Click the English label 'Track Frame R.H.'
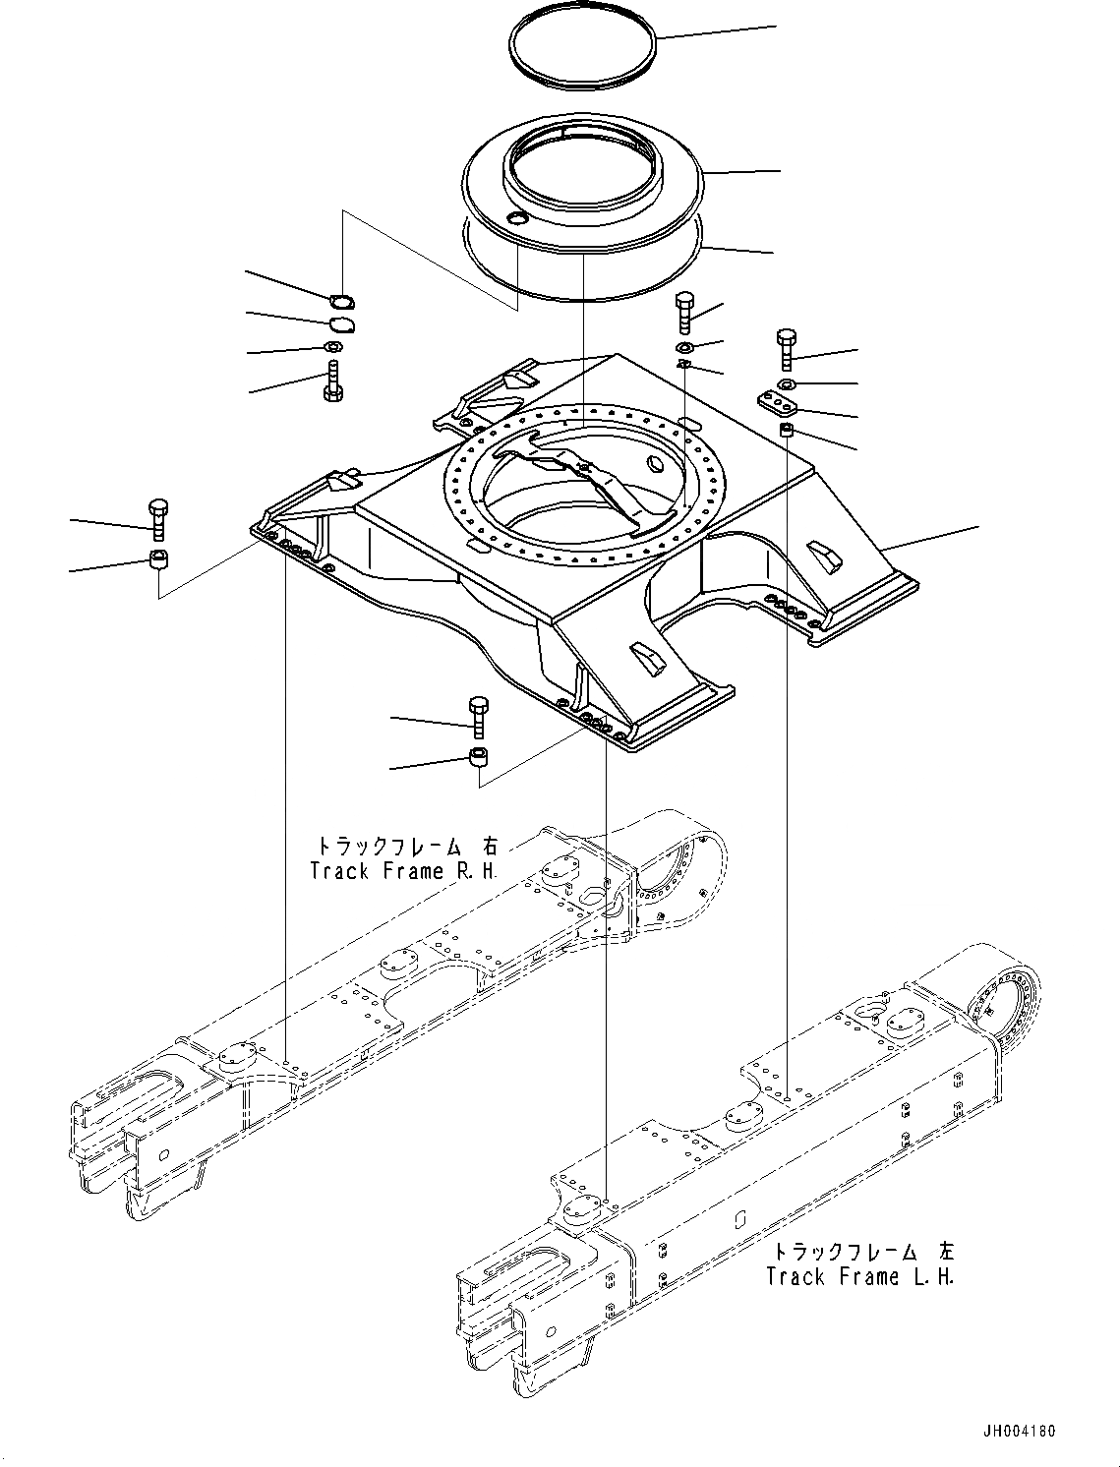click(403, 871)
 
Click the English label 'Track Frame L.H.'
click(860, 1276)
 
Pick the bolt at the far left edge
click(157, 519)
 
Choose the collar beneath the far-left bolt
click(157, 561)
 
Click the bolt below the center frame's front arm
click(479, 716)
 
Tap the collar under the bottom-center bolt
click(479, 758)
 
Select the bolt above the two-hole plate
click(786, 350)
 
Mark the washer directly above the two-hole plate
click(787, 382)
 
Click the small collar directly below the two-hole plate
click(787, 431)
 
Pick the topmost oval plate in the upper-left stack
click(342, 302)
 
